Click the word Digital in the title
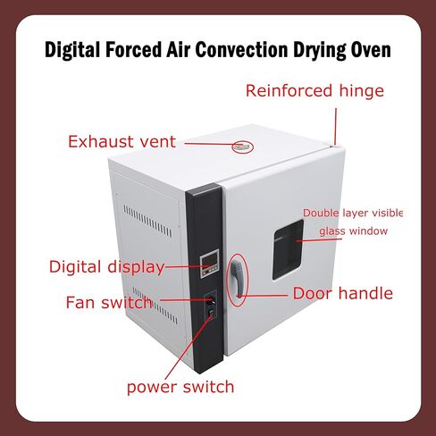point(72,50)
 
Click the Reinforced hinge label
point(314,91)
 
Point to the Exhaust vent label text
point(122,141)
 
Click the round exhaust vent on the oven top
point(243,147)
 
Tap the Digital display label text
point(107,267)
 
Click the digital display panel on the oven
point(209,264)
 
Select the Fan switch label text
point(109,303)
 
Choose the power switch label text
point(180,387)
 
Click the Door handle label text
point(343,294)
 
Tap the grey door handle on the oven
point(239,277)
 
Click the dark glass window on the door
point(288,249)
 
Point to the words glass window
point(354,231)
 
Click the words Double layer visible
point(353,214)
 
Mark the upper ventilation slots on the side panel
point(147,221)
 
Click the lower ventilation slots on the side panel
point(155,306)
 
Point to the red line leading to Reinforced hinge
point(336,127)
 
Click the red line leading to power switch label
point(189,347)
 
